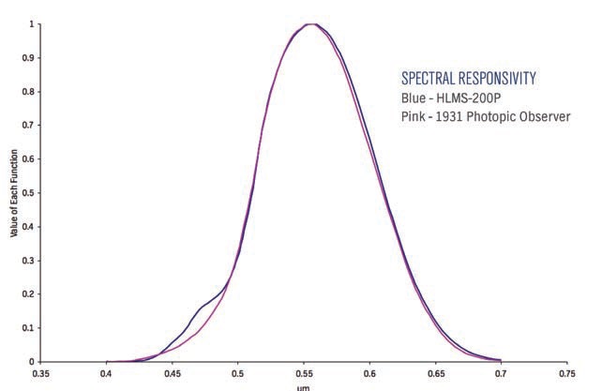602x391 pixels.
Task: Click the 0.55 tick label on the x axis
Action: [x=304, y=371]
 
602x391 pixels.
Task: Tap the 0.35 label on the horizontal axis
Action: [x=41, y=371]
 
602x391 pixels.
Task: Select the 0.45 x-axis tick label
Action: [x=173, y=371]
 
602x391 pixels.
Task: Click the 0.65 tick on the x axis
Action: [x=434, y=371]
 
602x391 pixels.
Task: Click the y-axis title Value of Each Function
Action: [x=14, y=193]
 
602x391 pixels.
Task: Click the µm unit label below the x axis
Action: [x=303, y=385]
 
